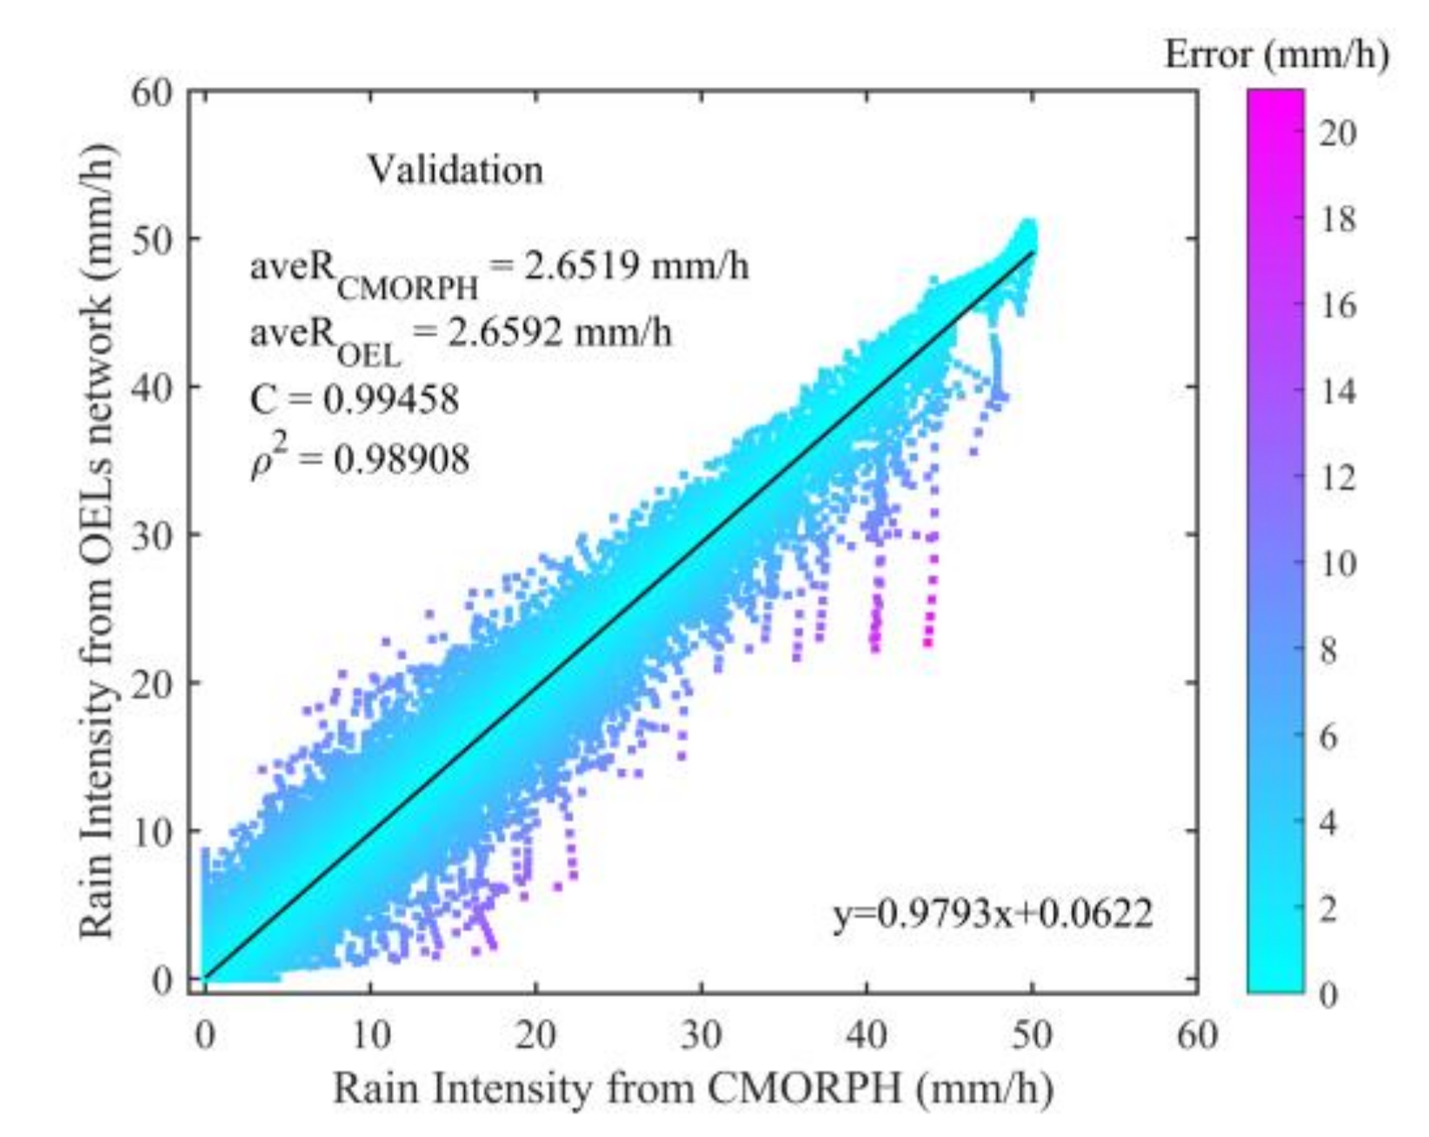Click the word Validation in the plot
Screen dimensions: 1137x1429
pos(455,170)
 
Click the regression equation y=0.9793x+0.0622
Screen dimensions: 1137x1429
pos(993,914)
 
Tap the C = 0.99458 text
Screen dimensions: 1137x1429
pos(355,399)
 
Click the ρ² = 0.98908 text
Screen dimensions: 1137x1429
pos(360,458)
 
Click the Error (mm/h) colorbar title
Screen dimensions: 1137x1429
pos(1276,56)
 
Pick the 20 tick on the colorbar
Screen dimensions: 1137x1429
pos(1336,133)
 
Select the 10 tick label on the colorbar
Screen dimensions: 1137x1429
pos(1336,564)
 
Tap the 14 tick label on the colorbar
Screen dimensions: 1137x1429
pos(1336,392)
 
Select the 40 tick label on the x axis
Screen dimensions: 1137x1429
pos(866,1034)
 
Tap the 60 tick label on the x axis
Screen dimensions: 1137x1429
pos(1196,1034)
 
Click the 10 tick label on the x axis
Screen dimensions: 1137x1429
pos(370,1034)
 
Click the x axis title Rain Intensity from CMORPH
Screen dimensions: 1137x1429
pos(693,1089)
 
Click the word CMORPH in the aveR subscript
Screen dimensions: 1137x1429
pos(407,287)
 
